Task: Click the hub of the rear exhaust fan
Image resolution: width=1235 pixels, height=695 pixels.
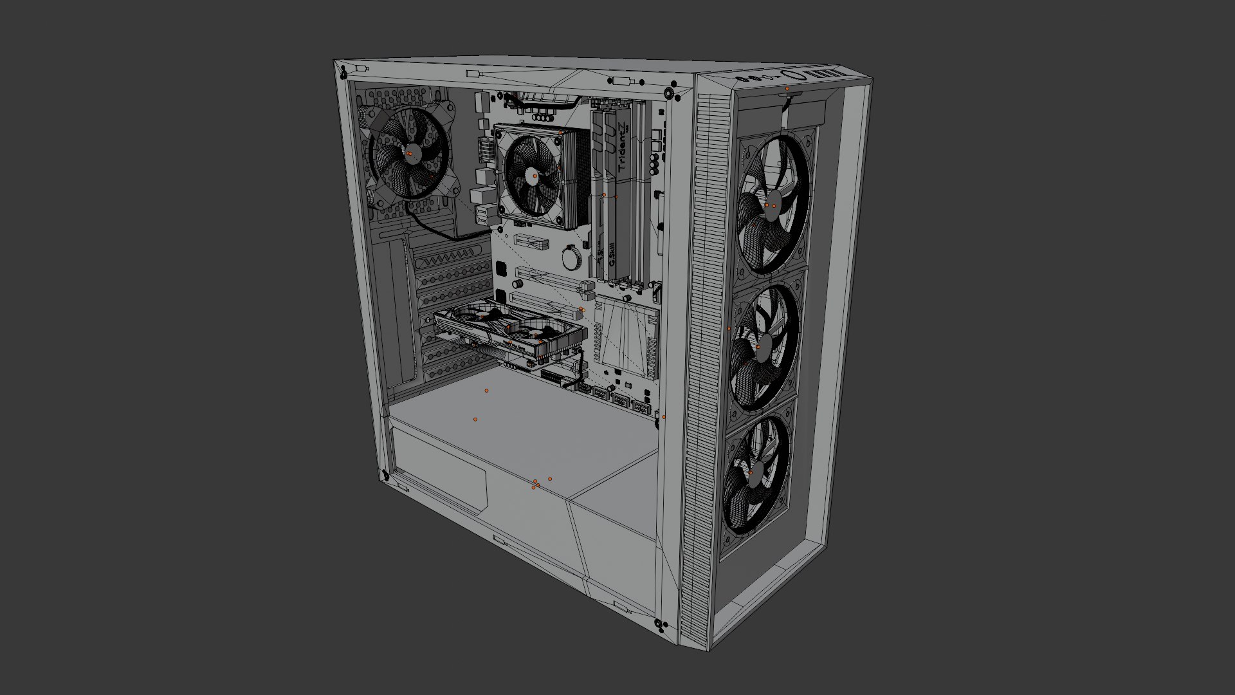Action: click(x=410, y=153)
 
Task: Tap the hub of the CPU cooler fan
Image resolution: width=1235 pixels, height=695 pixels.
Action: click(x=535, y=175)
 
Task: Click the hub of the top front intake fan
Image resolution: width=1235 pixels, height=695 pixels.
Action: click(x=771, y=204)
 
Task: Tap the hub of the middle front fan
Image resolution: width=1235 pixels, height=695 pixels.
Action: click(x=759, y=347)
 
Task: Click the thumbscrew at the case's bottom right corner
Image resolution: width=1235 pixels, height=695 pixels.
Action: click(x=657, y=623)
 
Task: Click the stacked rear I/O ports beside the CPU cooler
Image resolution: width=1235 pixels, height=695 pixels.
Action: click(x=483, y=193)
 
